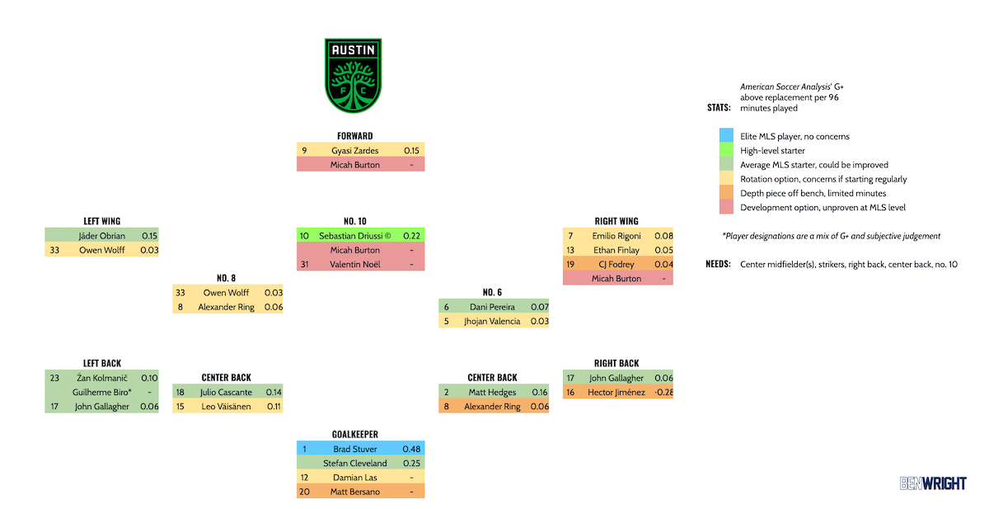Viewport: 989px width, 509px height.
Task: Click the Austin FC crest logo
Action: click(x=354, y=75)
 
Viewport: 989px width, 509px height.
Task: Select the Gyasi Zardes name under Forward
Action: click(x=355, y=151)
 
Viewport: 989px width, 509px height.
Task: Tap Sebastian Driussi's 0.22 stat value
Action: click(x=411, y=236)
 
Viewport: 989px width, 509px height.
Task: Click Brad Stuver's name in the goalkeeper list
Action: click(x=355, y=449)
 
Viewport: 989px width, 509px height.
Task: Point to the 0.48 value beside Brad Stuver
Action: click(x=411, y=449)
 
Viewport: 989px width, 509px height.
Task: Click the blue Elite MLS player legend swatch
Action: click(x=725, y=136)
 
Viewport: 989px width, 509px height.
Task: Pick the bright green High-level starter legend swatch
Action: click(x=725, y=151)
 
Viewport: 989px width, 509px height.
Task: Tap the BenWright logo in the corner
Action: click(x=932, y=483)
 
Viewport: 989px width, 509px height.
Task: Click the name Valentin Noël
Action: click(x=355, y=264)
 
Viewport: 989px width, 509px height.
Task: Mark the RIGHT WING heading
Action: click(x=616, y=221)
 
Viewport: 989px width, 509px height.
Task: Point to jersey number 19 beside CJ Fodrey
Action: click(x=570, y=264)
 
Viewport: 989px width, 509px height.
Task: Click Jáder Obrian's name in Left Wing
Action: click(x=101, y=236)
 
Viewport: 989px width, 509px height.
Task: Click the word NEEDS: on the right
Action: click(x=719, y=264)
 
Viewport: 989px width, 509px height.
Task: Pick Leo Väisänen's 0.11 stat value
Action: click(x=274, y=406)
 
